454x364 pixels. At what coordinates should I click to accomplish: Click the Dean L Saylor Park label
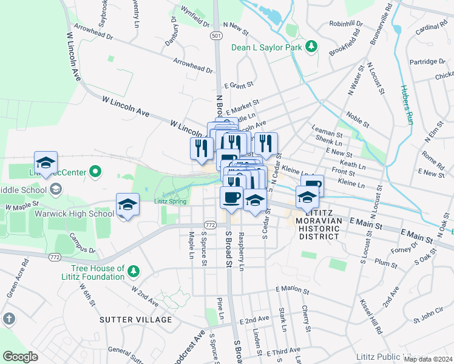pyautogui.click(x=266, y=47)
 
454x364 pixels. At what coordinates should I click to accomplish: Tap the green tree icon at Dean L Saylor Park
pyautogui.click(x=311, y=47)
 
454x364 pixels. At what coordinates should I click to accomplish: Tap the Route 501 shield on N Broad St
pyautogui.click(x=216, y=36)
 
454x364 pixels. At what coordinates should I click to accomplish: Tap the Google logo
pyautogui.click(x=20, y=357)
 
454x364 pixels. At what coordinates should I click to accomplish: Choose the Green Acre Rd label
pyautogui.click(x=18, y=278)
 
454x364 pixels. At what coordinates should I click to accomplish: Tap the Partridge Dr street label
pyautogui.click(x=427, y=61)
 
